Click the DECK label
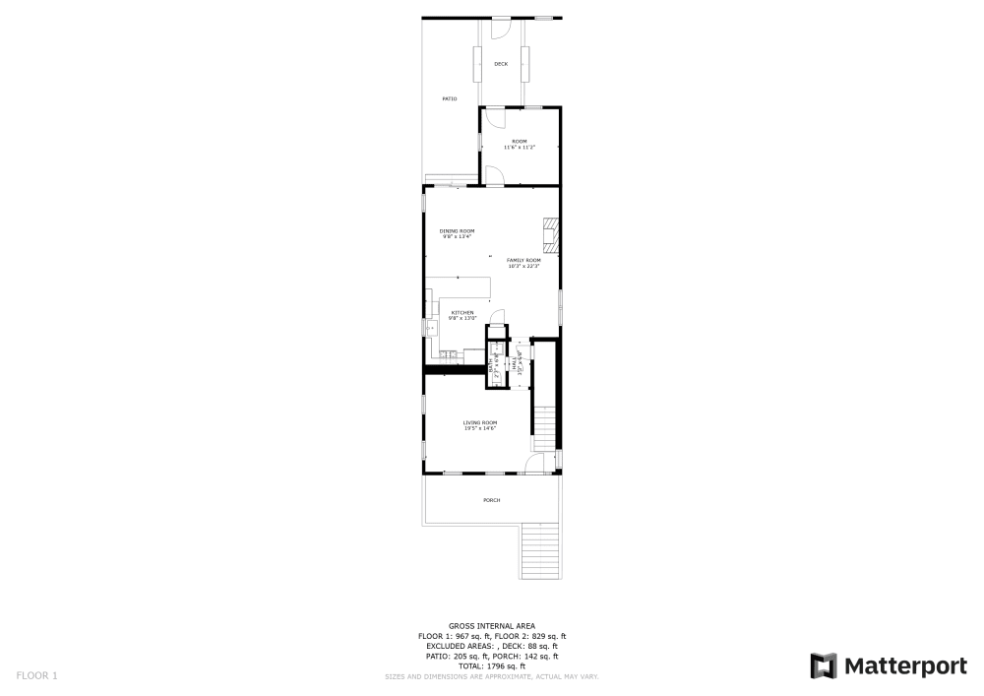pyautogui.click(x=501, y=64)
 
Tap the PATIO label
pyautogui.click(x=450, y=98)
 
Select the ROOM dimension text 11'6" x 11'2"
pyautogui.click(x=519, y=148)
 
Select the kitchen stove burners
pyautogui.click(x=448, y=354)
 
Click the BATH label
pyautogui.click(x=494, y=365)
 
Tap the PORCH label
pyautogui.click(x=491, y=500)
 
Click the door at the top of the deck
pyautogui.click(x=501, y=24)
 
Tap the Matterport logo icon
pyautogui.click(x=824, y=665)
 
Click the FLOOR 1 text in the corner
pyautogui.click(x=37, y=676)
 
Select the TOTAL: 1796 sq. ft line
pyautogui.click(x=492, y=666)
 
